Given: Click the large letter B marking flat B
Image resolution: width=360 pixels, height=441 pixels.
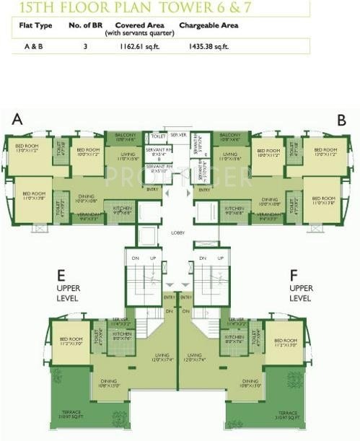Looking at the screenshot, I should [342, 119].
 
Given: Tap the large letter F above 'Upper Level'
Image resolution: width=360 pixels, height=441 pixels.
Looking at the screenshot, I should [294, 275].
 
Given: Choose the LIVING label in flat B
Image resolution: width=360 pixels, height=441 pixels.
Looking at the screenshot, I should [230, 154].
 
